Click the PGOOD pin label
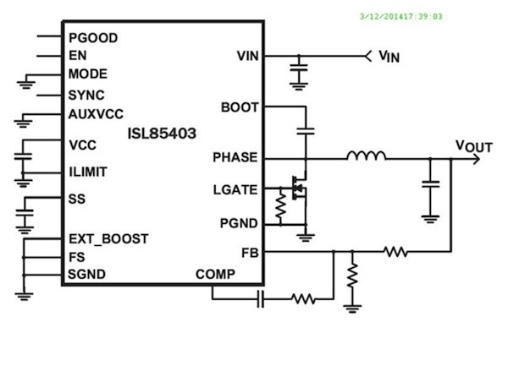point(92,38)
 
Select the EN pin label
point(77,56)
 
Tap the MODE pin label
point(87,74)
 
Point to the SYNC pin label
point(86,95)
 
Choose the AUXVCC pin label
point(95,113)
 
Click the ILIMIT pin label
point(88,172)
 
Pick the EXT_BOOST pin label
point(108,239)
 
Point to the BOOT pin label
point(240,107)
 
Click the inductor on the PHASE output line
point(366,156)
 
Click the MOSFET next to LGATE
point(298,188)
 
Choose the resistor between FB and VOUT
point(395,251)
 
